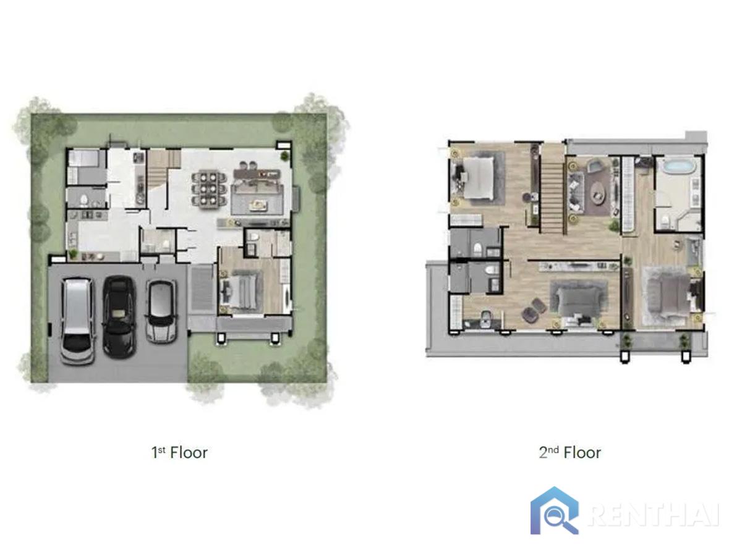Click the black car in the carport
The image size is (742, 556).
(x=118, y=316)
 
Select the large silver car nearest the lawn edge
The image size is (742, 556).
(x=78, y=321)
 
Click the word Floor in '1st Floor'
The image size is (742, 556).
(x=189, y=453)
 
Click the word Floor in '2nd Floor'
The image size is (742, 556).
(x=582, y=453)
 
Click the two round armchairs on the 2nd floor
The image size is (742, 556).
(x=534, y=310)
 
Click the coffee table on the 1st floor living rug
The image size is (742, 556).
(x=258, y=204)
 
